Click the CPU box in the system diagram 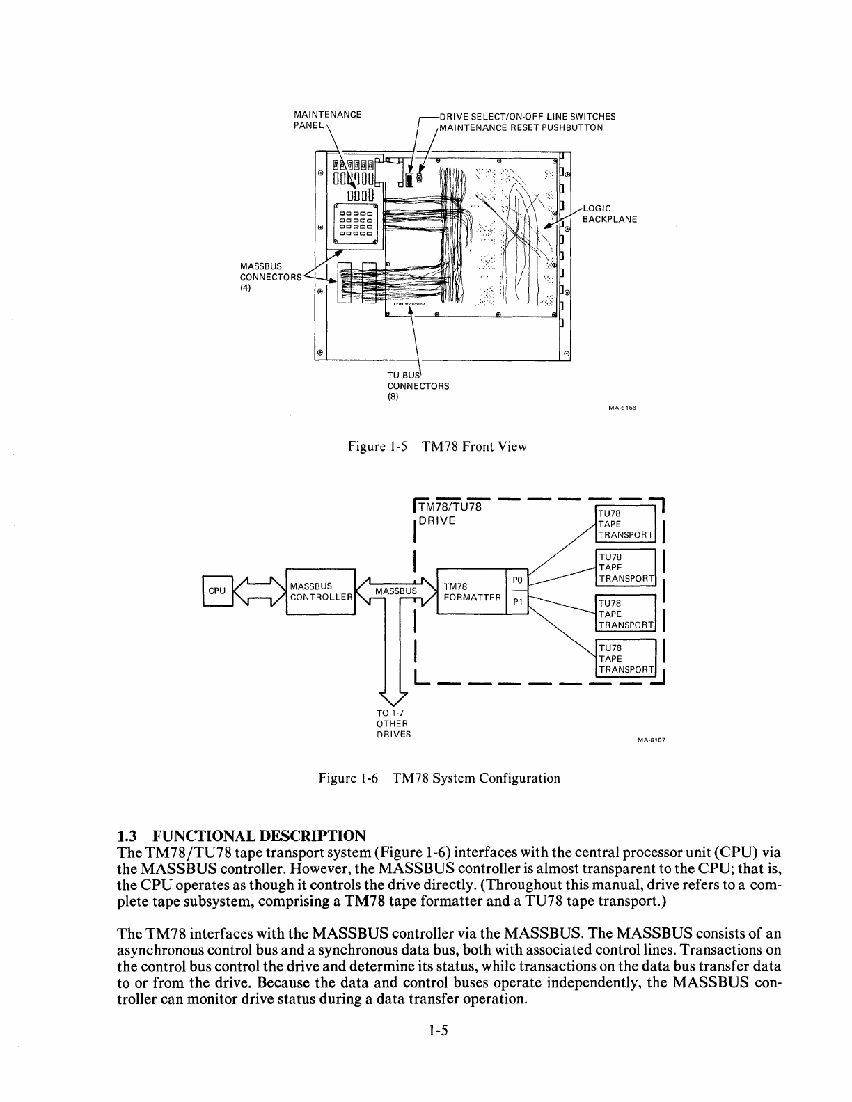(x=216, y=591)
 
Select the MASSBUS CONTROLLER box (x=320, y=591)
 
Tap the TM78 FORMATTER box (x=471, y=592)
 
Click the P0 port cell (x=517, y=580)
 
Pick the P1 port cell (x=517, y=602)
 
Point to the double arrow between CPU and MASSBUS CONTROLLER (x=258, y=591)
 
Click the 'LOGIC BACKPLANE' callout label (x=609, y=214)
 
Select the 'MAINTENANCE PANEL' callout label (x=327, y=120)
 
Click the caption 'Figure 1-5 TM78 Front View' (x=437, y=447)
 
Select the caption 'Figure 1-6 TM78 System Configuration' (x=439, y=778)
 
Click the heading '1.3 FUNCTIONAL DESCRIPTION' (x=242, y=835)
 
